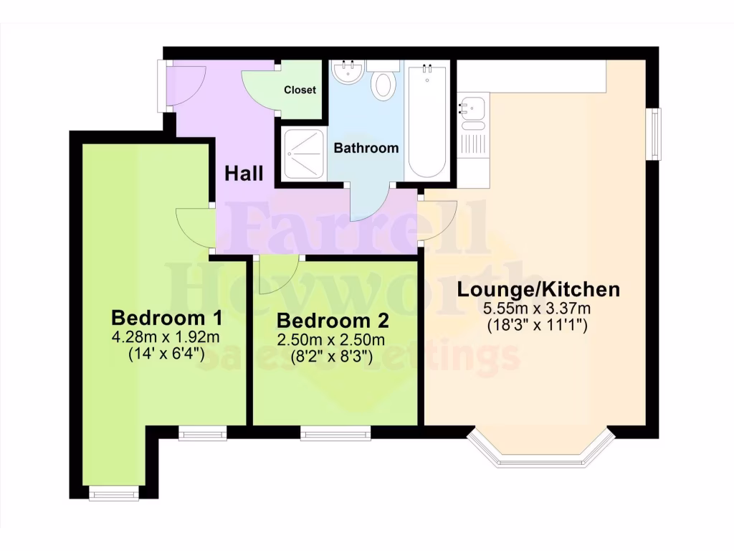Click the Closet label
tap(300, 90)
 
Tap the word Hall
tap(244, 173)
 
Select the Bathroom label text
tap(366, 149)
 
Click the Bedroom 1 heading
tap(166, 317)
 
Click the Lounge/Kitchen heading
tap(538, 290)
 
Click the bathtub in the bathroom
tap(427, 122)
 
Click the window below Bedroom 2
tap(335, 432)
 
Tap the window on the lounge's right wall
tap(654, 133)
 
